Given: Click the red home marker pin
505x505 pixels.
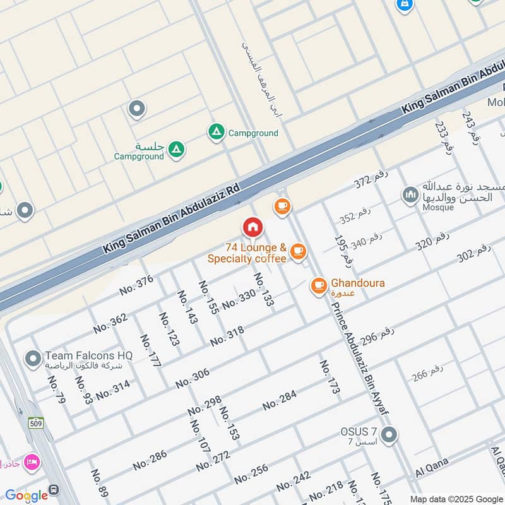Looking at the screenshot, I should [252, 227].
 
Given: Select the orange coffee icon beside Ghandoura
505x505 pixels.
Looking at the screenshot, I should [319, 286].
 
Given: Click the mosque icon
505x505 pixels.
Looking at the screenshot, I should [411, 194].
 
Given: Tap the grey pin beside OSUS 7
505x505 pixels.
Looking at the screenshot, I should [389, 434].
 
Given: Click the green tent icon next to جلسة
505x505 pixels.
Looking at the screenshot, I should [177, 149].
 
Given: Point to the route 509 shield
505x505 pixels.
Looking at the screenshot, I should [35, 422].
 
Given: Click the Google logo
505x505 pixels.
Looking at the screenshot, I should [27, 495].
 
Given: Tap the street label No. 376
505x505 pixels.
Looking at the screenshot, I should [136, 285].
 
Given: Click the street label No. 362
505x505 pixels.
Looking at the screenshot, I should [110, 323].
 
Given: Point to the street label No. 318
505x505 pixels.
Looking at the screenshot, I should [227, 336].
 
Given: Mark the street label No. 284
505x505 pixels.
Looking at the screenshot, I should [279, 400].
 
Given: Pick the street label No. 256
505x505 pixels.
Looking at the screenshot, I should [251, 473].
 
